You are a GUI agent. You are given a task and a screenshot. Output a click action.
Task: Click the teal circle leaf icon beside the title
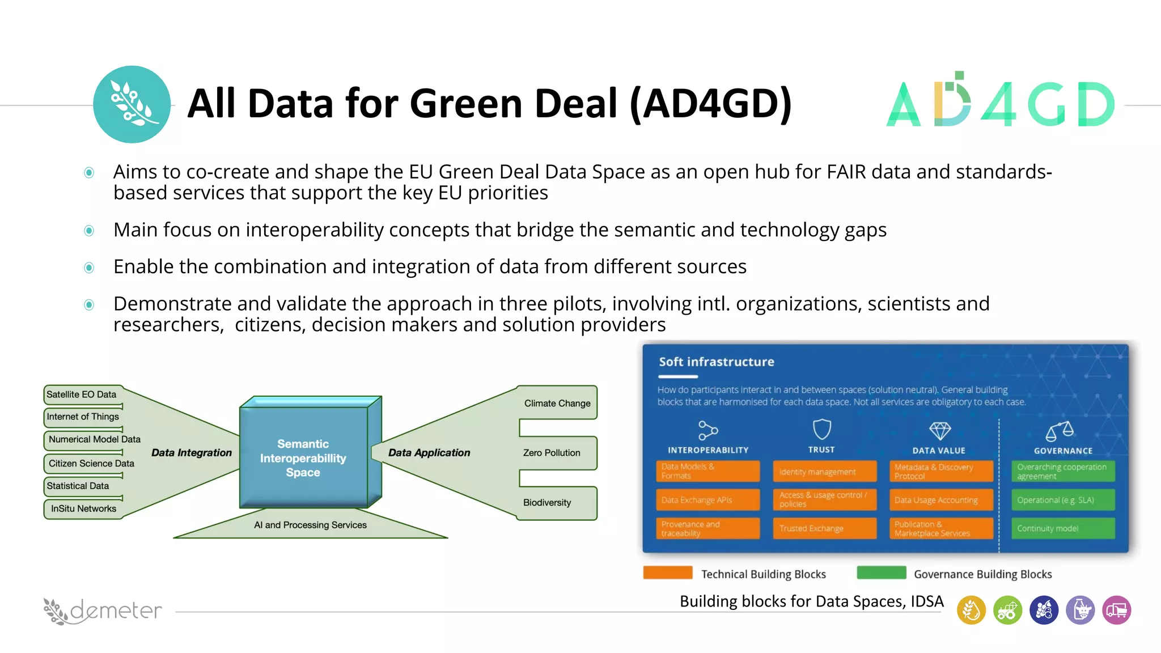132,104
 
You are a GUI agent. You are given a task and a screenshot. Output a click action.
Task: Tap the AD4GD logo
1000,102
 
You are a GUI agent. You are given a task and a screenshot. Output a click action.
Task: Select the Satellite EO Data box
83,395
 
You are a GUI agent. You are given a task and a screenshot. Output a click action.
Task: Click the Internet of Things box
83,417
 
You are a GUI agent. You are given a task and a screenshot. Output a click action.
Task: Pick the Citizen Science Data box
91,463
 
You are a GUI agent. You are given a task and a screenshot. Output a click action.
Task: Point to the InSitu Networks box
83,508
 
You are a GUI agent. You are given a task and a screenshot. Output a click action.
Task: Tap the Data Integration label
192,452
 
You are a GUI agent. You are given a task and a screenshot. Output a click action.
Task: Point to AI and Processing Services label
310,525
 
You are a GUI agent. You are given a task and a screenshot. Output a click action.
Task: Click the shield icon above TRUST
821,429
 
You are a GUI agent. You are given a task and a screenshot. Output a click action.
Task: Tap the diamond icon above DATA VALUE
939,431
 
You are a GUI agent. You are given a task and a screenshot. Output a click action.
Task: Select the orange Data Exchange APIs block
707,500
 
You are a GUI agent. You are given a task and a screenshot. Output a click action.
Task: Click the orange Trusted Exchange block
824,528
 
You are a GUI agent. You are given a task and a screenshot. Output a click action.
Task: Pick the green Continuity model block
1063,528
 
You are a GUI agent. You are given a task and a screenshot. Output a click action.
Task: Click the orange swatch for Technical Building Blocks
668,573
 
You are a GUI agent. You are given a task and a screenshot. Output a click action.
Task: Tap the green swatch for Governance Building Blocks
881,573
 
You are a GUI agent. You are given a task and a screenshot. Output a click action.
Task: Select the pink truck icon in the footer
1116,610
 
